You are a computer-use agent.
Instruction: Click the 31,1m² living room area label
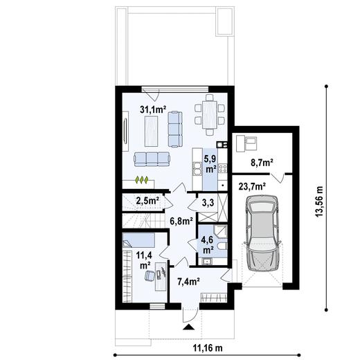[x=152, y=109]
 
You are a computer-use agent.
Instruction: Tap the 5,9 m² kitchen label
[x=208, y=163]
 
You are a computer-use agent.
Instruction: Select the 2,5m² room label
[x=147, y=201]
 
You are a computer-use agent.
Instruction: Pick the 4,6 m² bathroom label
[x=206, y=244]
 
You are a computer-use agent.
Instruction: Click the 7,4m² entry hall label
[x=188, y=282]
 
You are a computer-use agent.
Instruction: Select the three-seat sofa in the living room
[x=152, y=159]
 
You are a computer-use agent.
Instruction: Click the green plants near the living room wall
[x=142, y=180]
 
